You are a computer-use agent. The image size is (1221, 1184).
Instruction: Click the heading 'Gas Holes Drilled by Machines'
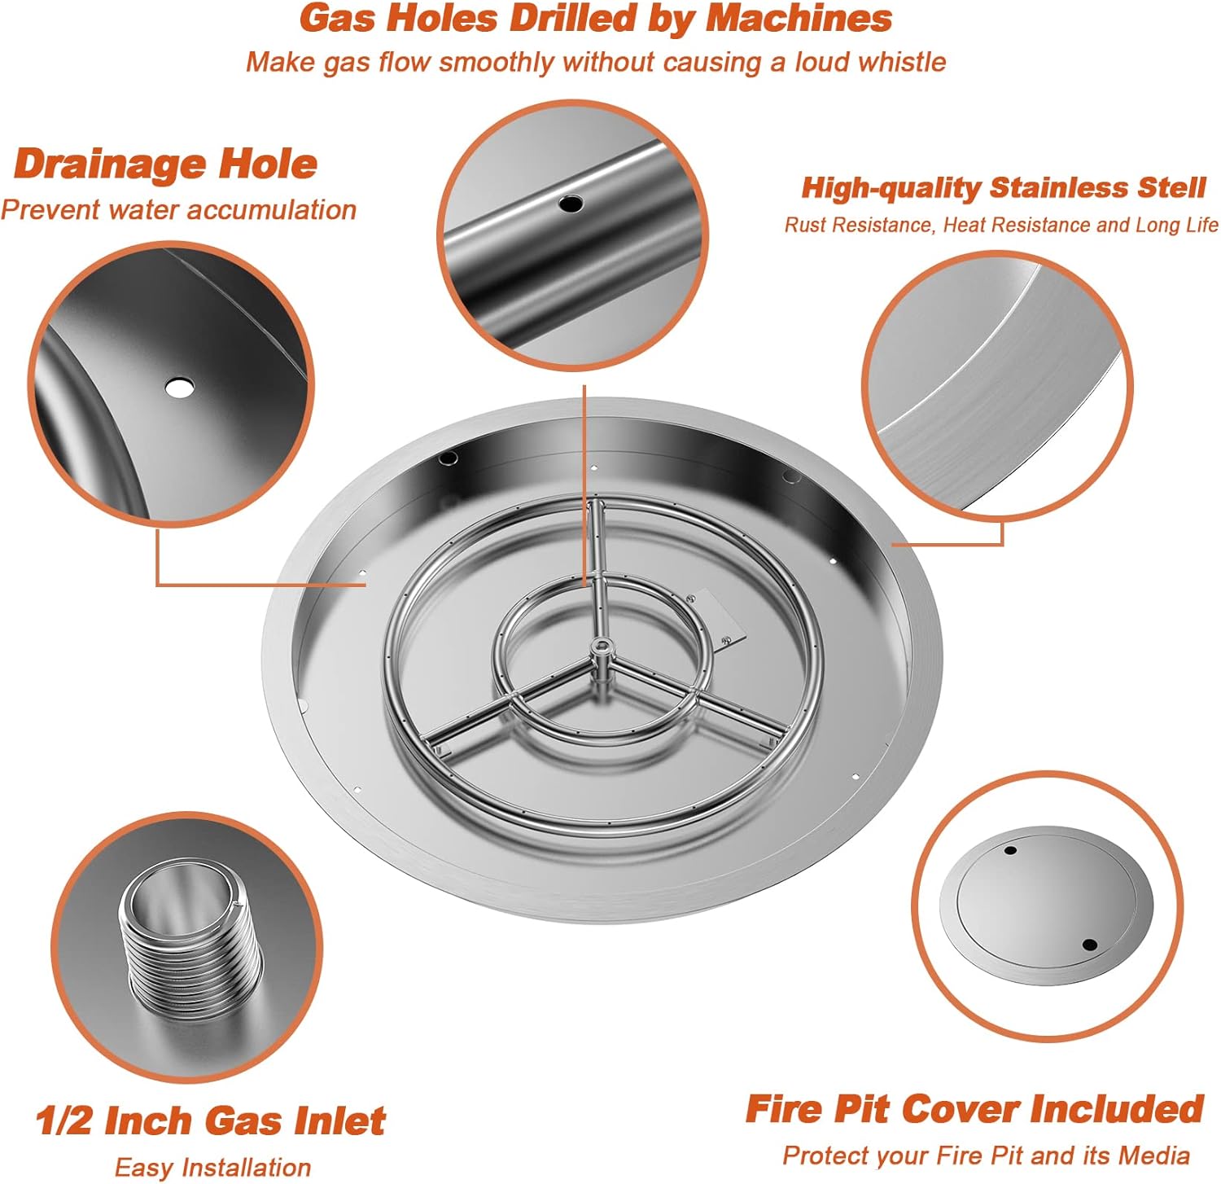pos(595,19)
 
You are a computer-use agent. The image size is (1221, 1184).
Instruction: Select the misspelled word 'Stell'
pos(1171,188)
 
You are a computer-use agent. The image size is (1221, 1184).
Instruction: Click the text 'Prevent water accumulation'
pos(178,210)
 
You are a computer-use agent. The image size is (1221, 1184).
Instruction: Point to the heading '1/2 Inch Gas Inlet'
pos(210,1120)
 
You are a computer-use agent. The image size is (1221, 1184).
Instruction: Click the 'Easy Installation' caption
pos(212,1168)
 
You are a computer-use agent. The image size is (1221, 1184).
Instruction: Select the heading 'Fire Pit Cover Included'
pos(974,1109)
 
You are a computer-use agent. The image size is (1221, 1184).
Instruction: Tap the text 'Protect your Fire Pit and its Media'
pos(986,1155)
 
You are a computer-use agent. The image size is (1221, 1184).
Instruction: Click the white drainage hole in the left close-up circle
pos(179,388)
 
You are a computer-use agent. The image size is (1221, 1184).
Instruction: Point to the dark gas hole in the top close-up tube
pos(570,204)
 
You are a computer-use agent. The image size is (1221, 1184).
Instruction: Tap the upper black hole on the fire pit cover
pos(1010,851)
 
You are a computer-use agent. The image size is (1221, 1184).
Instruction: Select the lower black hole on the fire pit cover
pos(1089,945)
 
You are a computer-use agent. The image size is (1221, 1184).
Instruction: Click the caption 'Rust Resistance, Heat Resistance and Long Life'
pos(1000,225)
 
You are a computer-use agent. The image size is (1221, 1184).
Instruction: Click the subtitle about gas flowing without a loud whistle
pos(595,63)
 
